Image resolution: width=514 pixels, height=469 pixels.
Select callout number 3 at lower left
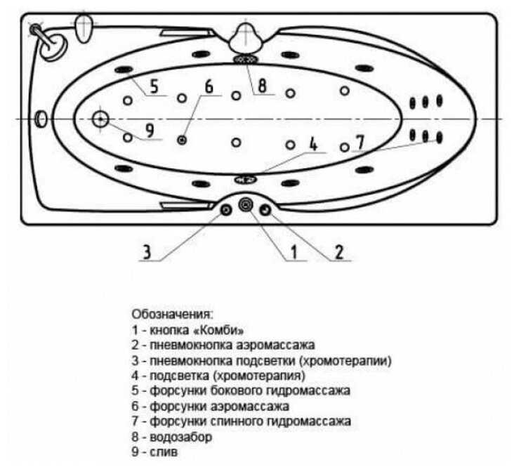(x=147, y=251)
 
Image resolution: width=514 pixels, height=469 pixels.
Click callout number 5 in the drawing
(x=154, y=87)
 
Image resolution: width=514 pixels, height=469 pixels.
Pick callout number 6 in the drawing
(x=208, y=86)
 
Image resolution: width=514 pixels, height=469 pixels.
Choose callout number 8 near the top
(x=261, y=87)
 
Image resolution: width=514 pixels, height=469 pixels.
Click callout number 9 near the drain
(x=149, y=131)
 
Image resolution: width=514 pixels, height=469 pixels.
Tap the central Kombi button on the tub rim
(x=246, y=204)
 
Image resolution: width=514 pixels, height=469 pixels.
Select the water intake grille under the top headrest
(x=246, y=60)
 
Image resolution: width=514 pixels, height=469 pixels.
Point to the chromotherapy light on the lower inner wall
(x=246, y=178)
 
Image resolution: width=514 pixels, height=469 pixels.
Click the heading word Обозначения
(x=171, y=313)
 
